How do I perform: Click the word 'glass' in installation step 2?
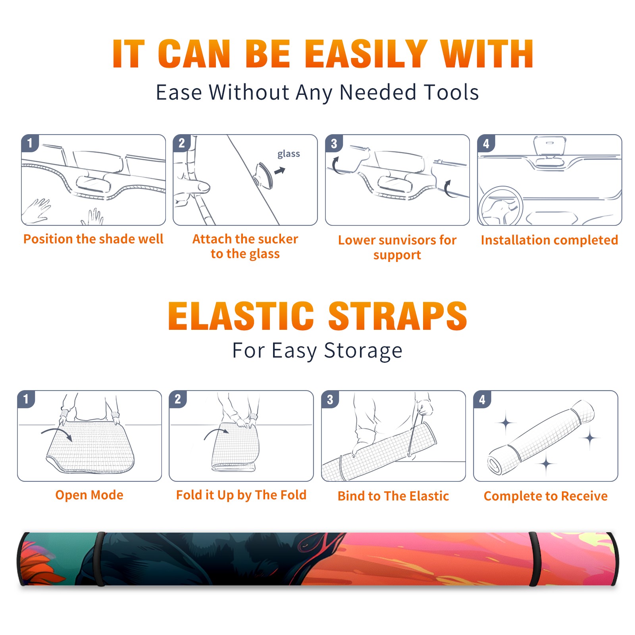point(289,154)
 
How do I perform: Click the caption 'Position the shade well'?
point(93,239)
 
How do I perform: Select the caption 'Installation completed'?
point(549,240)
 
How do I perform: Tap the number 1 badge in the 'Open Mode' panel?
point(26,399)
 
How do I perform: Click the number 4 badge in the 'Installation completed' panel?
point(486,143)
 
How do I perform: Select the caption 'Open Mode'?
point(89,495)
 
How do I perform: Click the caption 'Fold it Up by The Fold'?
point(241,495)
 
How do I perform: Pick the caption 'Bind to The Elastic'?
point(393,496)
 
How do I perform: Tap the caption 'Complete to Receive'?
point(546,496)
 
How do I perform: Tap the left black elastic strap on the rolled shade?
point(100,559)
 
